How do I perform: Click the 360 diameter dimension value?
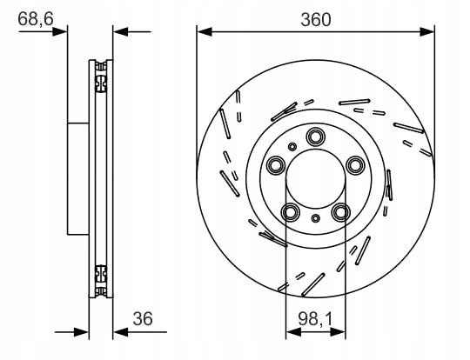pyautogui.click(x=316, y=20)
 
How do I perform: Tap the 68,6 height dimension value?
pyautogui.click(x=36, y=19)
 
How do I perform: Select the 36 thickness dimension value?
pyautogui.click(x=143, y=318)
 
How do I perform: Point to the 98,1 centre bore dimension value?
pyautogui.click(x=315, y=318)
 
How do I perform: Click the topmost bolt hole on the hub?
pyautogui.click(x=315, y=137)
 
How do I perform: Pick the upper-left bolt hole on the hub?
pyautogui.click(x=276, y=164)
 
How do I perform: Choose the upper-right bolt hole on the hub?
pyautogui.click(x=355, y=164)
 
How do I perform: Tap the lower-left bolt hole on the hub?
pyautogui.click(x=291, y=212)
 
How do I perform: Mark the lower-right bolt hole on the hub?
pyautogui.click(x=340, y=212)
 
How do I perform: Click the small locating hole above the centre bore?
pyautogui.click(x=292, y=147)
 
